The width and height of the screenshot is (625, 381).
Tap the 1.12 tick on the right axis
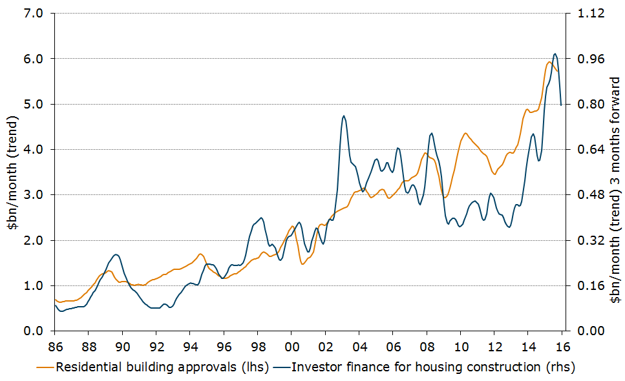pyautogui.click(x=584, y=13)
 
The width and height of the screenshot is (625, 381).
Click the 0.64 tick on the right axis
pyautogui.click(x=584, y=149)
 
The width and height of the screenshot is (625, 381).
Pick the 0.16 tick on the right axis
pyautogui.click(x=584, y=285)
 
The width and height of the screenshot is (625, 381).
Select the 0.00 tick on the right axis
pyautogui.click(x=584, y=331)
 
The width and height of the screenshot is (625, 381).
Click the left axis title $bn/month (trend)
pyautogui.click(x=13, y=172)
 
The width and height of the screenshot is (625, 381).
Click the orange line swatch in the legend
pyautogui.click(x=45, y=368)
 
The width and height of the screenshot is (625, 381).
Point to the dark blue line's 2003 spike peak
pyautogui.click(x=344, y=116)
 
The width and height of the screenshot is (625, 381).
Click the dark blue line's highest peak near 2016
pyautogui.click(x=555, y=54)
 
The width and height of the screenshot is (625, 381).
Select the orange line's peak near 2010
pyautogui.click(x=465, y=133)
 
